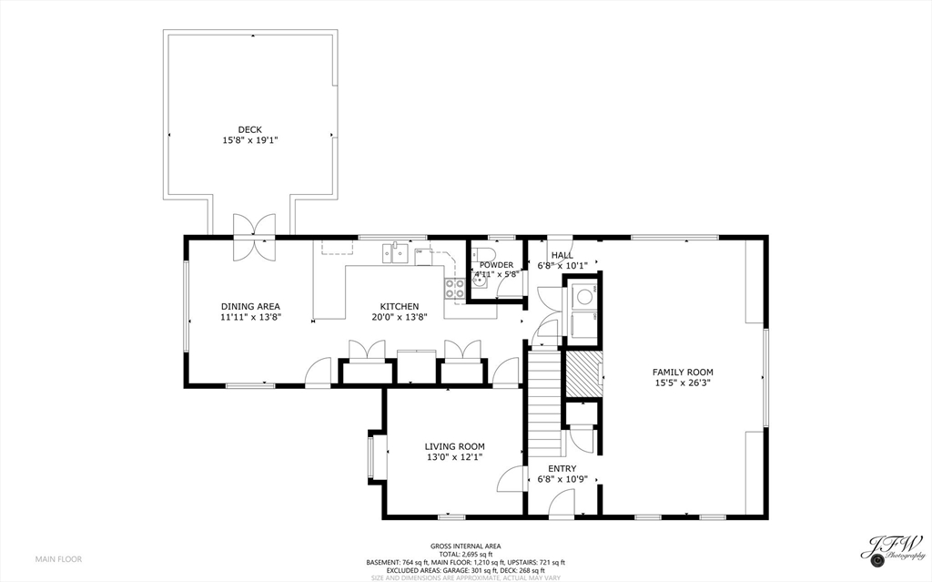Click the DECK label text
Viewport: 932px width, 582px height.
pyautogui.click(x=249, y=129)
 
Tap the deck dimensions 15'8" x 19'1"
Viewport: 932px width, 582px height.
pyautogui.click(x=249, y=141)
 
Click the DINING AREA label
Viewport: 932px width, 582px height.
pyautogui.click(x=250, y=306)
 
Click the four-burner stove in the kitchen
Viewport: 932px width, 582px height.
pyautogui.click(x=454, y=288)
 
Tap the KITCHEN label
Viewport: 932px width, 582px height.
pyautogui.click(x=400, y=306)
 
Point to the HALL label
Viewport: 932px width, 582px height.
pyautogui.click(x=562, y=255)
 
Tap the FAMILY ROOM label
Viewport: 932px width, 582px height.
pyautogui.click(x=683, y=372)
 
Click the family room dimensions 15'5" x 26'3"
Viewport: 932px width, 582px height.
pyautogui.click(x=683, y=383)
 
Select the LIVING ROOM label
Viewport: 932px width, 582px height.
pyautogui.click(x=454, y=446)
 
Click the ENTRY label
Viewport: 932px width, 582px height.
pyautogui.click(x=562, y=468)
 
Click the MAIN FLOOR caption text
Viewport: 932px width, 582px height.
pyautogui.click(x=58, y=558)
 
